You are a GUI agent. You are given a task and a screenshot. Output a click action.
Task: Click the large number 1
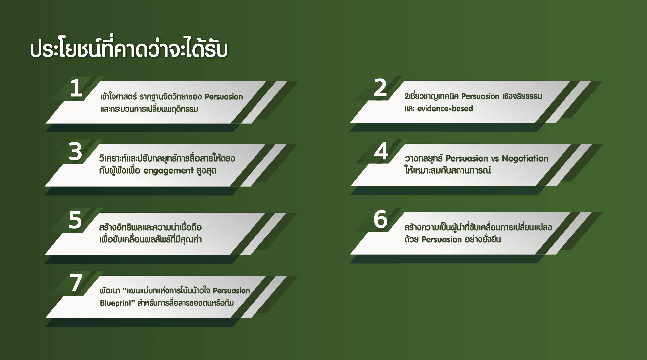(x=76, y=88)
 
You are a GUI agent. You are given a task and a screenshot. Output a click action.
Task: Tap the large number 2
(x=380, y=88)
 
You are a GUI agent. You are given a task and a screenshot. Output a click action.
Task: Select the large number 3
(x=75, y=152)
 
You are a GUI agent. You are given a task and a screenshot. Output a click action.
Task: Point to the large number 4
(x=381, y=151)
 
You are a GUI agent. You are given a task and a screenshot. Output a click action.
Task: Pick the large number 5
(x=75, y=220)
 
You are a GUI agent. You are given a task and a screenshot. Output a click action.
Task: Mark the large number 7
(x=76, y=283)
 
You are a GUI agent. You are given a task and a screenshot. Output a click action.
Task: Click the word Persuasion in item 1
(x=224, y=97)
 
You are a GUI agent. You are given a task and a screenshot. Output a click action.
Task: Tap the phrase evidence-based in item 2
(x=445, y=109)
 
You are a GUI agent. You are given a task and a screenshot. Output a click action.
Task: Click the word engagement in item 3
(x=168, y=171)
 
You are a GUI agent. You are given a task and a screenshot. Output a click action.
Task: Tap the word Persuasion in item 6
(x=442, y=239)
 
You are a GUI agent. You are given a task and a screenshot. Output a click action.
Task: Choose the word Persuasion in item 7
(x=231, y=291)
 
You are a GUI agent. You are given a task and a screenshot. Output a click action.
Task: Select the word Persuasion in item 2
(x=480, y=96)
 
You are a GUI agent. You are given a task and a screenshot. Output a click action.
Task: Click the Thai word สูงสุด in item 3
(x=206, y=171)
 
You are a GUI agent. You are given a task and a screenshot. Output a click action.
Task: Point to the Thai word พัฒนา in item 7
(x=110, y=291)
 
